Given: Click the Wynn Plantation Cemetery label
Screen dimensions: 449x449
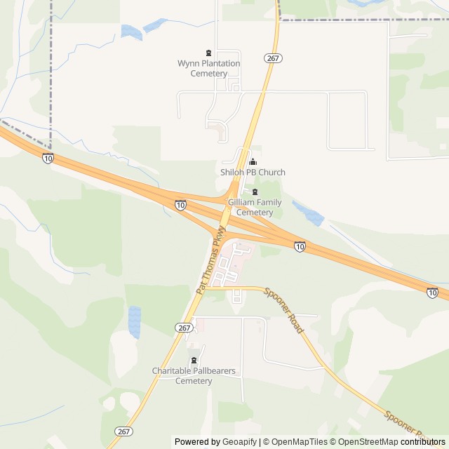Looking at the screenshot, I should (208, 68).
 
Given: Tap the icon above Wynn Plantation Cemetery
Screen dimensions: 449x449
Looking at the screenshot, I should (208, 53).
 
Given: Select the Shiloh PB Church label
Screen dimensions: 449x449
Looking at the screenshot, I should (253, 172).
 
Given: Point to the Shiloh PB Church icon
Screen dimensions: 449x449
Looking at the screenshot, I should (253, 162).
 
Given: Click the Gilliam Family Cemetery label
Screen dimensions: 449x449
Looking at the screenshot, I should (254, 208).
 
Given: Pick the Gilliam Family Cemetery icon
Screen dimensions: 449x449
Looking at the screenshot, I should (255, 192).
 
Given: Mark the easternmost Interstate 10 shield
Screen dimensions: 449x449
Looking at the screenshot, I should (432, 293).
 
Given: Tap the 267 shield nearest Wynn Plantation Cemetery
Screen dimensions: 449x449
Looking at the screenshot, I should (274, 58).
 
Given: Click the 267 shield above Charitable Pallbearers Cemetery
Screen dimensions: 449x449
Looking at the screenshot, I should (183, 328).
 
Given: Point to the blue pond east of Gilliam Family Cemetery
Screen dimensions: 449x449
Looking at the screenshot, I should (308, 213).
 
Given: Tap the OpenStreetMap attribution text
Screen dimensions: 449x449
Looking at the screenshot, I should (366, 442).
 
